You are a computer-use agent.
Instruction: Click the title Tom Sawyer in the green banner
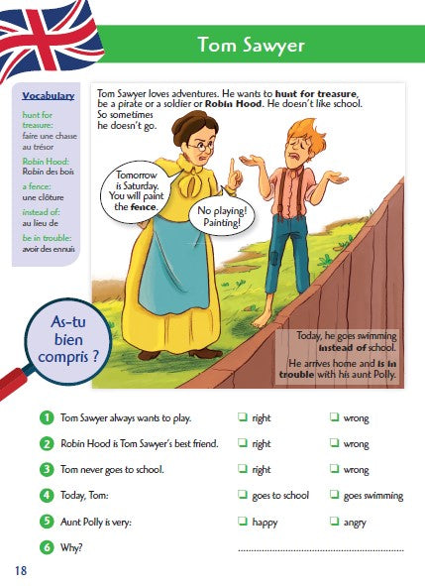250,45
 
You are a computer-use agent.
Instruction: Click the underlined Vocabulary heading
48,95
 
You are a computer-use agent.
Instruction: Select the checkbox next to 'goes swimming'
335,495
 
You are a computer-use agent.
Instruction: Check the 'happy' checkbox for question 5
244,522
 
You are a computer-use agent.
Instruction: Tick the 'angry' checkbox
335,522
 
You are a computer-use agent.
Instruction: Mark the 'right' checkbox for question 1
244,418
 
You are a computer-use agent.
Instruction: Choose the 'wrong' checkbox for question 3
335,469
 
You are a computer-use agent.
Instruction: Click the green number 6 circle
47,547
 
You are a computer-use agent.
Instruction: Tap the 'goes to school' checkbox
244,495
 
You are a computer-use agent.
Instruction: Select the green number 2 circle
47,443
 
